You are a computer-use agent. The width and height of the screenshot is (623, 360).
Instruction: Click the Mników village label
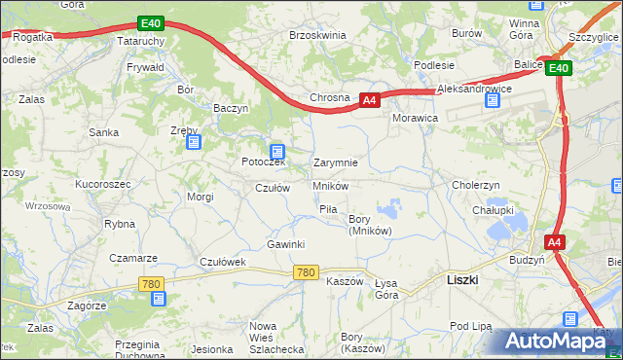[x=331, y=185]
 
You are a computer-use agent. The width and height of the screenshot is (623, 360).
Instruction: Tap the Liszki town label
[x=461, y=279]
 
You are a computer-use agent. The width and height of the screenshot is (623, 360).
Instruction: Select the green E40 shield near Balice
[x=557, y=68]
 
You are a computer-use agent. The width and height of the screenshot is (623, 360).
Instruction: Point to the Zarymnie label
[x=335, y=163]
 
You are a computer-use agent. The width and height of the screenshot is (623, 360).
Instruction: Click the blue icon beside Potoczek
[x=277, y=152]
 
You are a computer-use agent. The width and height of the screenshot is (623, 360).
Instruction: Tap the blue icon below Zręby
[x=193, y=143]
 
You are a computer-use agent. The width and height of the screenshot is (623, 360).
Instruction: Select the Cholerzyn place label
[x=475, y=185]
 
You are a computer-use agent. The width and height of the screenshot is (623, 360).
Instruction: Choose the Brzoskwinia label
[x=317, y=35]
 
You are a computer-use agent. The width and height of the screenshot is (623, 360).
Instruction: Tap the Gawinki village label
[x=286, y=243]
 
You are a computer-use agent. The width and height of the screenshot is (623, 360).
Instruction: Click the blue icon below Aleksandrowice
[x=492, y=101]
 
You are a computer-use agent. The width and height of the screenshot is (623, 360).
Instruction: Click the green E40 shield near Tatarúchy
[x=149, y=23]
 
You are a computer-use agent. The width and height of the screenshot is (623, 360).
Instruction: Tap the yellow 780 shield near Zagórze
[x=150, y=284]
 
